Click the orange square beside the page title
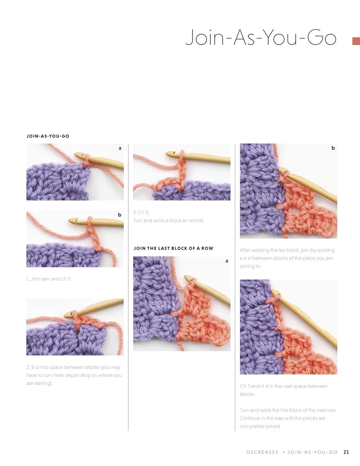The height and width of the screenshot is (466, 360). [x=356, y=41]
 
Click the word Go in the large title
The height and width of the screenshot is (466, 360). [x=322, y=38]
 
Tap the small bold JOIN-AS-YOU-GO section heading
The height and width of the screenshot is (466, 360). [x=48, y=136]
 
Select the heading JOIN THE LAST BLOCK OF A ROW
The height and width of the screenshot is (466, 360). [x=173, y=248]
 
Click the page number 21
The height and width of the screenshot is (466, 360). [x=346, y=452]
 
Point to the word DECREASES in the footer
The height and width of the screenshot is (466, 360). [x=262, y=452]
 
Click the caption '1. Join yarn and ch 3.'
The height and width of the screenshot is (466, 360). [x=49, y=279]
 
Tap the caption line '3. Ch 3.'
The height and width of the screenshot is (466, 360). [x=141, y=212]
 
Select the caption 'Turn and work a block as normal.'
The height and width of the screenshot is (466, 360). [x=169, y=220]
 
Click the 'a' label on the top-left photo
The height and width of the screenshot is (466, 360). [x=120, y=148]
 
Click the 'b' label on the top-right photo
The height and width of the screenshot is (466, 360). [x=333, y=148]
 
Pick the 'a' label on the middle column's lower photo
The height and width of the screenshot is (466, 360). [x=226, y=261]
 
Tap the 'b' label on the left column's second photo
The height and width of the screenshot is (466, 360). [x=120, y=215]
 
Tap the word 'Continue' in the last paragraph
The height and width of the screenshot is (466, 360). [x=250, y=418]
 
